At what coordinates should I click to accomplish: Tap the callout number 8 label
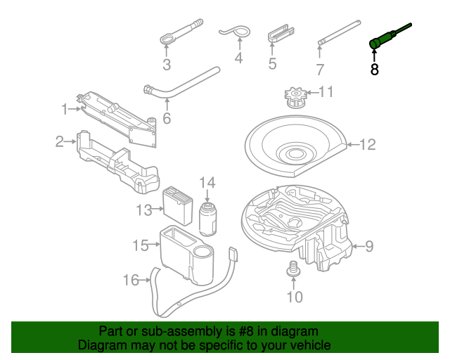click(374, 69)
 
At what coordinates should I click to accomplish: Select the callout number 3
click(167, 65)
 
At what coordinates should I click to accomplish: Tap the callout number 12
click(368, 145)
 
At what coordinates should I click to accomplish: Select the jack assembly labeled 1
click(120, 116)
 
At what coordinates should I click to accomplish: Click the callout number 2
click(60, 142)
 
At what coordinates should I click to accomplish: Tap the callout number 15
click(141, 245)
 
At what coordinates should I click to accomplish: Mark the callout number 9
click(369, 246)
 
